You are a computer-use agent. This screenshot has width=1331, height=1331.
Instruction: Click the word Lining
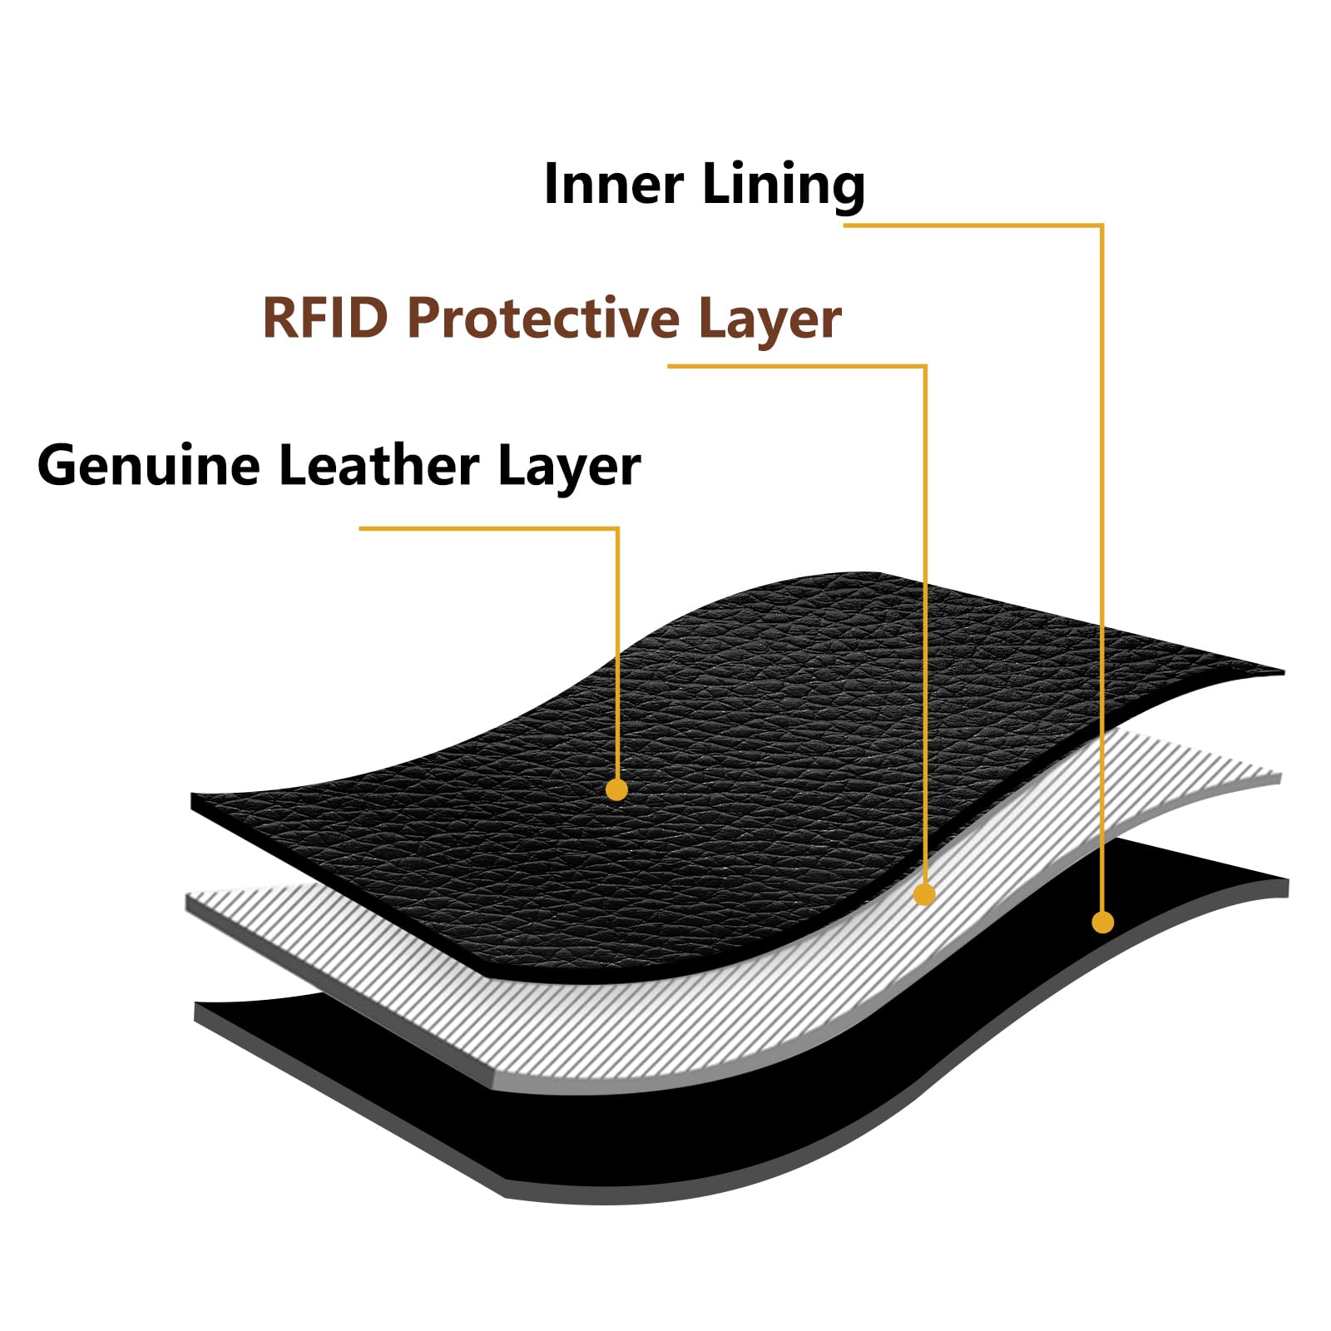(x=784, y=185)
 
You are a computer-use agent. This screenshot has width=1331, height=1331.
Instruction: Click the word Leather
(x=379, y=465)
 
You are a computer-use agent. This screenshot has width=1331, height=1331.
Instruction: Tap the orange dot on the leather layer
(x=616, y=789)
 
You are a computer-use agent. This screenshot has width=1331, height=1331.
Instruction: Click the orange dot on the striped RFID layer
(x=924, y=894)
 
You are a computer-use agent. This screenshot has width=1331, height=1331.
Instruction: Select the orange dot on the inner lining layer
(x=1102, y=922)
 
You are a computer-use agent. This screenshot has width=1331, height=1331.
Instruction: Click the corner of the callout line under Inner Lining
(x=1102, y=225)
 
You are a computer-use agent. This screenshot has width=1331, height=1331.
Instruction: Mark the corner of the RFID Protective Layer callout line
(x=925, y=365)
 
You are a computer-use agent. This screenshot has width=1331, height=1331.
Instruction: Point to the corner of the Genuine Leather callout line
(x=617, y=528)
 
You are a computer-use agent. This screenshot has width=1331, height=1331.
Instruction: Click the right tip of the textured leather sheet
(x=1283, y=671)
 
